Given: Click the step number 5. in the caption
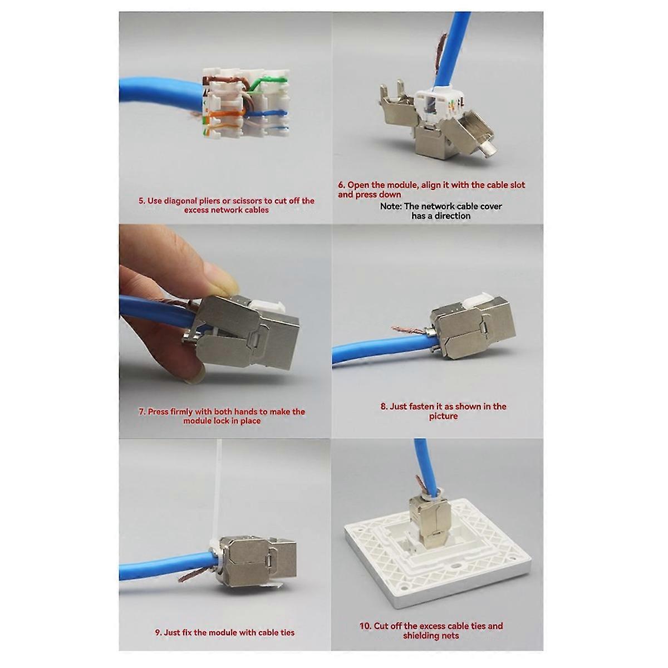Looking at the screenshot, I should point(142,201).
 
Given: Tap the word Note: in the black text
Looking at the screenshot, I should point(391,206).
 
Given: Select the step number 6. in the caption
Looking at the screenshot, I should point(342,185).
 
